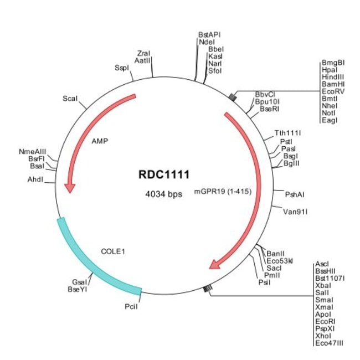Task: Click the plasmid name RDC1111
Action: [164, 174]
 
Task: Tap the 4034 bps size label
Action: [164, 194]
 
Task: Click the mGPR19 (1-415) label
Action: [223, 192]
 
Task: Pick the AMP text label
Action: [100, 141]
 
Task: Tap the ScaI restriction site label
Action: [70, 99]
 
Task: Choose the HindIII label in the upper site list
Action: [333, 77]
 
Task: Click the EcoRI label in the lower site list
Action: [325, 321]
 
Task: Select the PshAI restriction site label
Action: [295, 195]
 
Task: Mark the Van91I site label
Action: [295, 212]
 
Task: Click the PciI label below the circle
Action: [131, 306]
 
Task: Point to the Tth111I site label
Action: [287, 133]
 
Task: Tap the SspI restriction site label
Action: [122, 68]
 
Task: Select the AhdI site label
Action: [35, 179]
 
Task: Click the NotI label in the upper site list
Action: [328, 113]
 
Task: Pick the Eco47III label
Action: [329, 343]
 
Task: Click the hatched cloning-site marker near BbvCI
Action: [233, 97]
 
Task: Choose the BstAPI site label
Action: [209, 35]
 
